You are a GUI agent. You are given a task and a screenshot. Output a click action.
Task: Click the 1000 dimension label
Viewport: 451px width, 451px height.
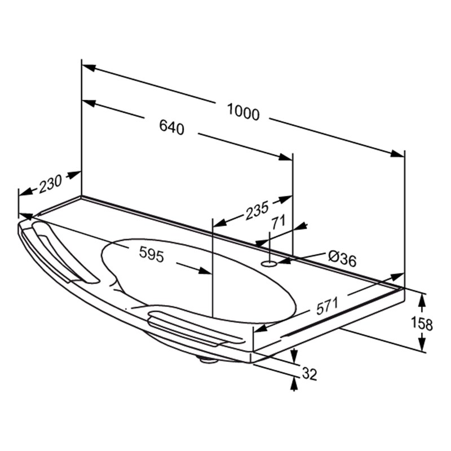click(x=244, y=112)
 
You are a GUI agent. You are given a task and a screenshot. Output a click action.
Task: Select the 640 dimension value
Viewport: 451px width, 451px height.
click(x=172, y=127)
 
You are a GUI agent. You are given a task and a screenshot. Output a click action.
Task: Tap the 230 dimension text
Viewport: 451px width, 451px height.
click(x=50, y=183)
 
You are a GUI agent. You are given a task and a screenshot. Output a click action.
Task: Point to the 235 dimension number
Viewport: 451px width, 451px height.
click(x=257, y=210)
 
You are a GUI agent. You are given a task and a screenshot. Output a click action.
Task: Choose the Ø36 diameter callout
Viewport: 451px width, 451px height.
click(x=342, y=258)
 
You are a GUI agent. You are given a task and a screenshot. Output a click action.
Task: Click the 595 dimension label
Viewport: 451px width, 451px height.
click(x=152, y=254)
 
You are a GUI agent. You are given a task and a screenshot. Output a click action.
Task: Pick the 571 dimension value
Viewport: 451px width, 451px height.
click(x=327, y=306)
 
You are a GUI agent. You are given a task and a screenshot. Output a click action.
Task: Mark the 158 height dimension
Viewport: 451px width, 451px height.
click(x=421, y=323)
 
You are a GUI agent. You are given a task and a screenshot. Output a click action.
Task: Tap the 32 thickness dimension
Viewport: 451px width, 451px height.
click(x=309, y=374)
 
